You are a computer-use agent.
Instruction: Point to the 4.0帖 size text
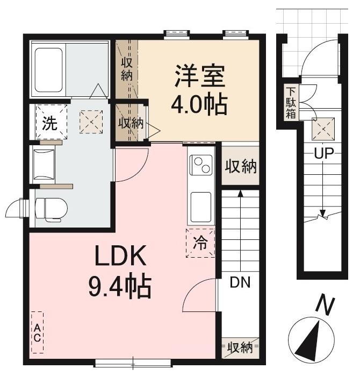tap(199, 104)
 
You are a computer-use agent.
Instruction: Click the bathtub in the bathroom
tap(49, 69)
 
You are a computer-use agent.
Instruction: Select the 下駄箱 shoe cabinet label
tap(291, 103)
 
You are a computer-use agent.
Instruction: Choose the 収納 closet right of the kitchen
tap(240, 166)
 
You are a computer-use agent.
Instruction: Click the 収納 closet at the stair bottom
tap(240, 347)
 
